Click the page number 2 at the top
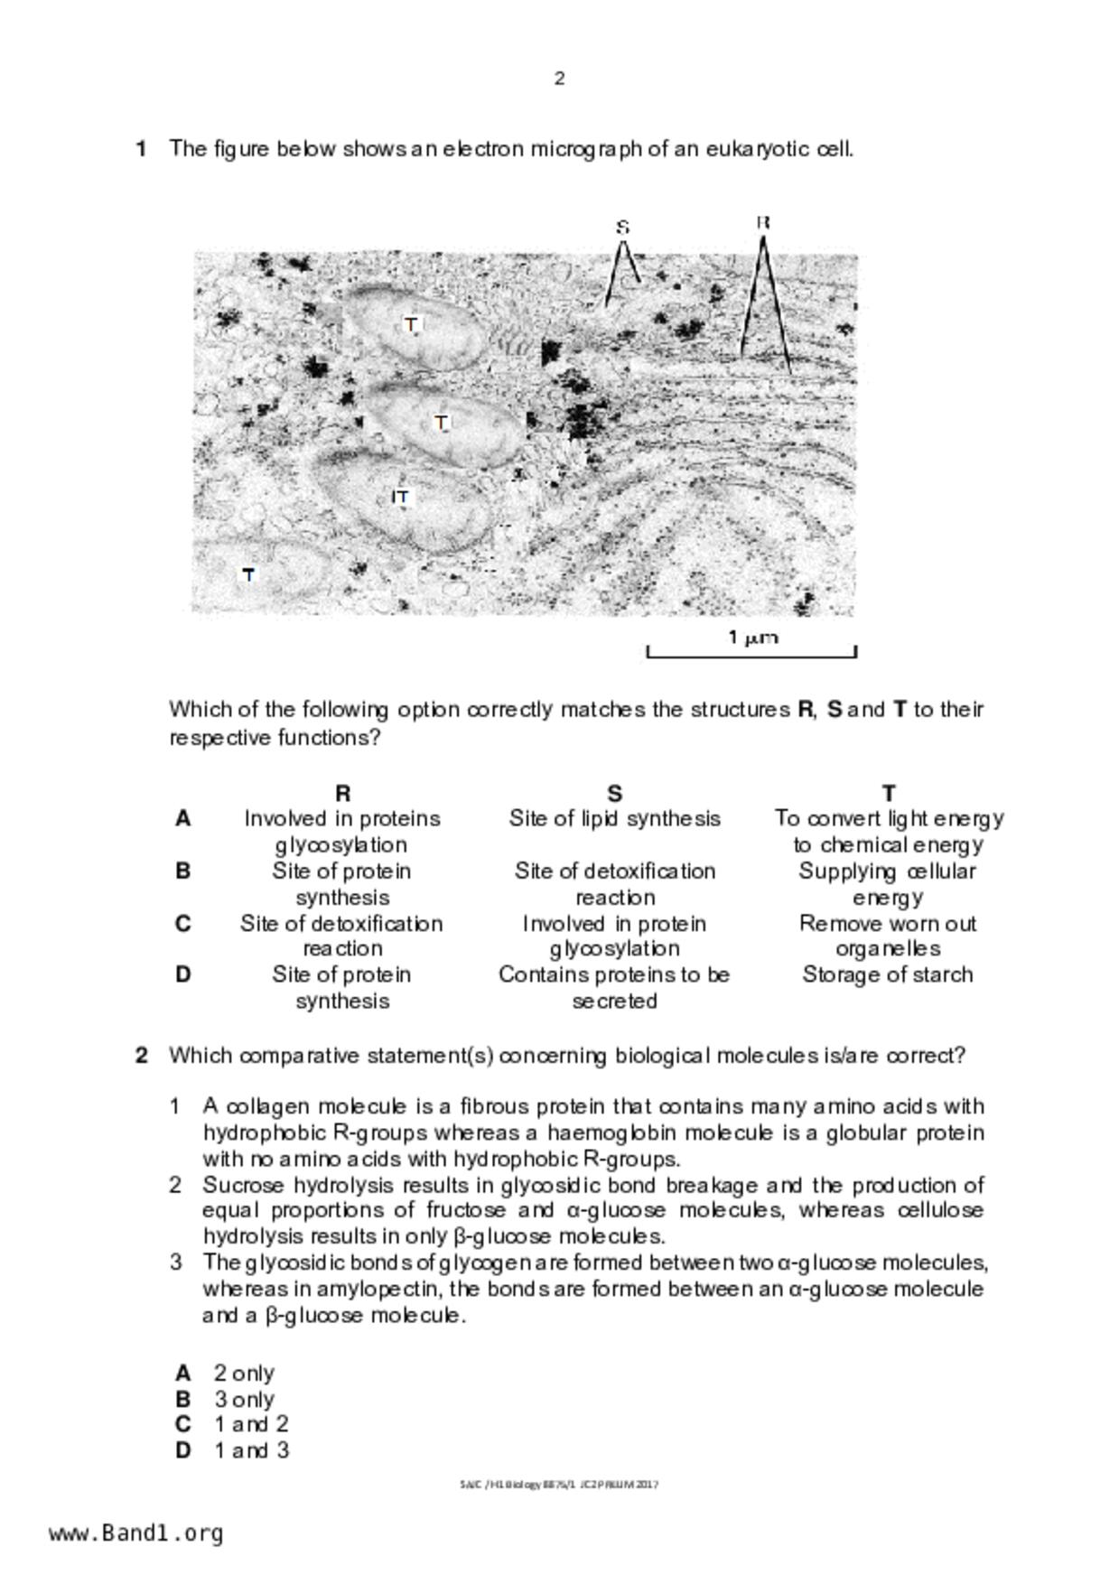point(559,79)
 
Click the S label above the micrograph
point(622,227)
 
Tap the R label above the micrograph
point(762,222)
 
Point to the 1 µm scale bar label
point(752,638)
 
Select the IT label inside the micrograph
point(400,497)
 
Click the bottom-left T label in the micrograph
point(248,574)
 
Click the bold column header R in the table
point(342,793)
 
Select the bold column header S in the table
point(614,793)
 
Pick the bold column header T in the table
point(889,793)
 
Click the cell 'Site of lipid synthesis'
point(614,819)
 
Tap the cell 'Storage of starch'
point(888,975)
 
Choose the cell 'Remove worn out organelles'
point(888,936)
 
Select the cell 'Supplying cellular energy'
point(888,884)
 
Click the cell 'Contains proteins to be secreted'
point(614,988)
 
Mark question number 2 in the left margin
point(142,1056)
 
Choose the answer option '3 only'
point(244,1400)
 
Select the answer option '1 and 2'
point(251,1425)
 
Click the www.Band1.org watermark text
point(136,1533)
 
